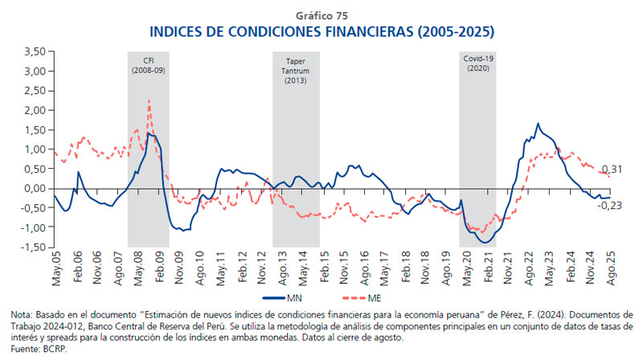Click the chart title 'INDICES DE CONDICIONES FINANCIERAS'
(321, 33)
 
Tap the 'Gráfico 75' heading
(321, 15)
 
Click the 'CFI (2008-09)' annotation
(148, 65)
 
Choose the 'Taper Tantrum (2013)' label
(296, 71)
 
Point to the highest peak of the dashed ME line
(149, 101)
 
